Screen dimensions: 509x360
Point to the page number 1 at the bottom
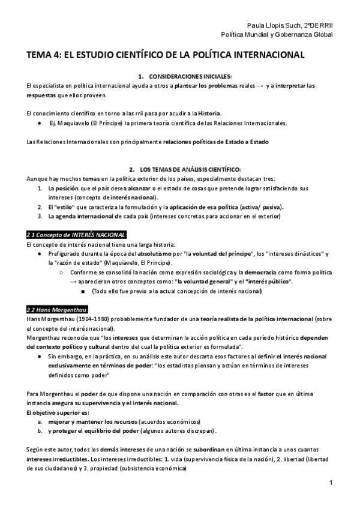(331, 483)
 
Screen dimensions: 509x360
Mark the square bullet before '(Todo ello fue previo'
(82, 291)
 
